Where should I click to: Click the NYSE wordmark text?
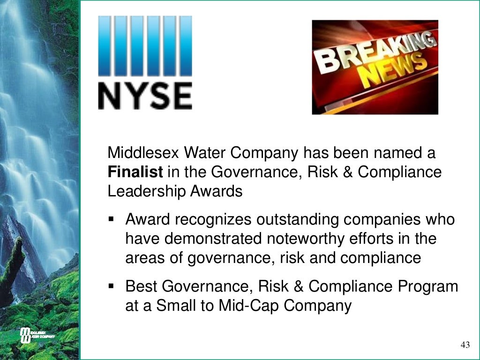(145, 96)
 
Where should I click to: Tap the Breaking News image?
(375, 67)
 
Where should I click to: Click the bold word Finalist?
(135, 172)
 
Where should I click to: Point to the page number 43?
(465, 345)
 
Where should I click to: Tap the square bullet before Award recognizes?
(111, 219)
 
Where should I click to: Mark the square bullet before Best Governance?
(111, 286)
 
